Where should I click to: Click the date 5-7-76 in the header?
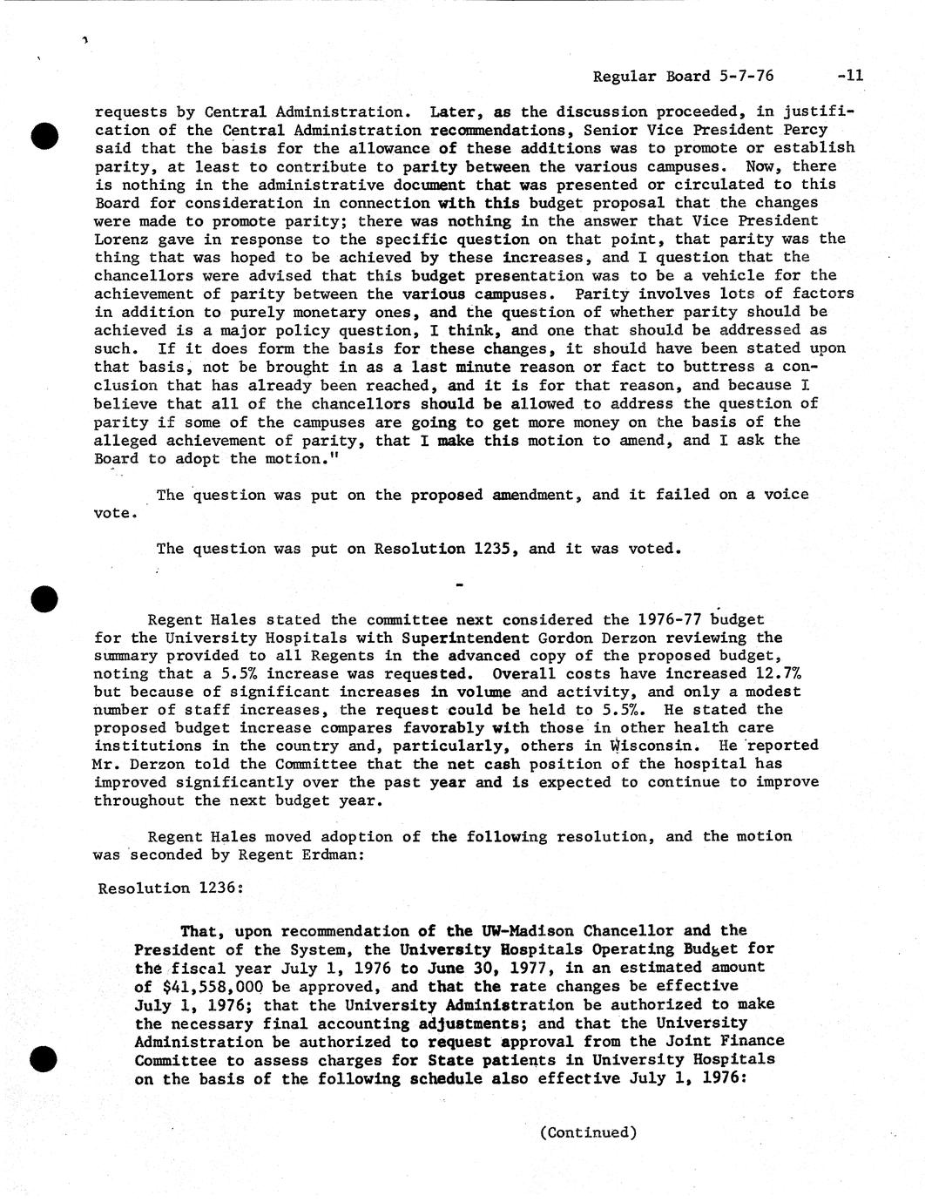point(746,76)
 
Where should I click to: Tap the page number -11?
point(849,76)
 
